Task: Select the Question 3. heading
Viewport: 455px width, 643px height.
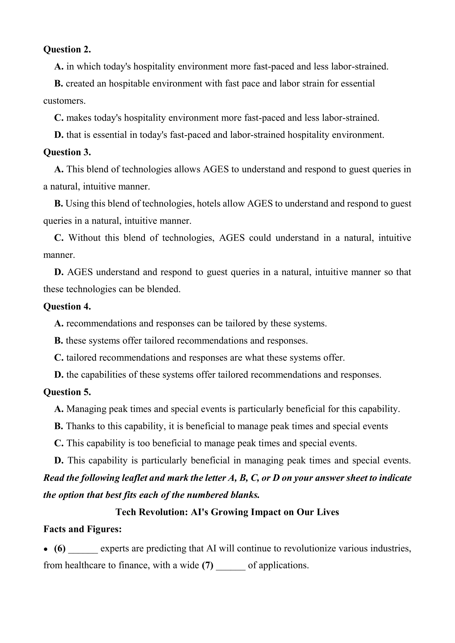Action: (67, 152)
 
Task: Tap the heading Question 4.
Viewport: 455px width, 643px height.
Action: (67, 306)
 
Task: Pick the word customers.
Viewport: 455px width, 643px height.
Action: (64, 101)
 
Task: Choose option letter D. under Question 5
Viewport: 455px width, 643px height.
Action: (59, 460)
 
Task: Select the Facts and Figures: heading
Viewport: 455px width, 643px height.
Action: (82, 529)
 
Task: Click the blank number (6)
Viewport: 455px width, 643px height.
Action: (60, 548)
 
